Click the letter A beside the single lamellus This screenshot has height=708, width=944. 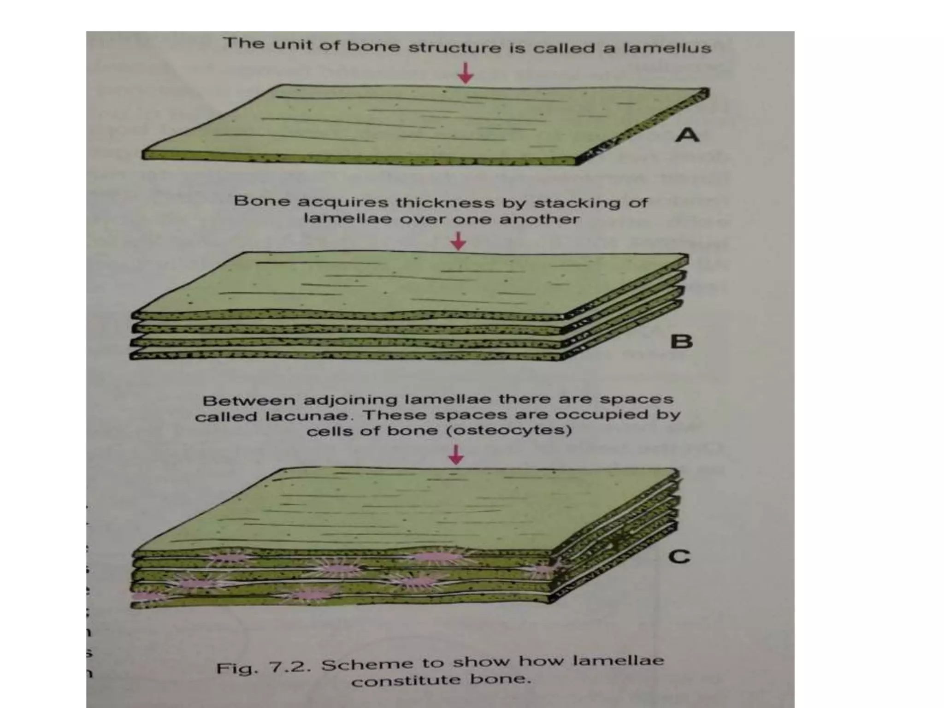[x=687, y=135]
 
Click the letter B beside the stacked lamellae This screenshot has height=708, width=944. [x=682, y=342]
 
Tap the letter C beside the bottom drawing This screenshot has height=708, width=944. [x=679, y=557]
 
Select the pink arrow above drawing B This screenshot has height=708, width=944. [x=458, y=241]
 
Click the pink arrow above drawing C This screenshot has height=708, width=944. [x=456, y=454]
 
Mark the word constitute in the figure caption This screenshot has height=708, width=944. [x=406, y=681]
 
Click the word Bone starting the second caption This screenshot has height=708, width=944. [x=262, y=201]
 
